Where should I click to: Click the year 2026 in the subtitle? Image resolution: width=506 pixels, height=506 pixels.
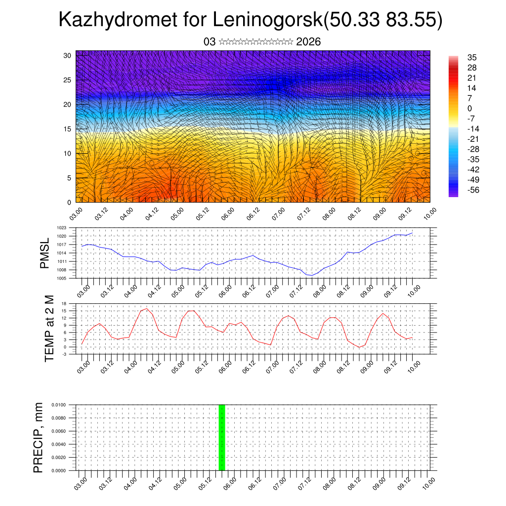308,42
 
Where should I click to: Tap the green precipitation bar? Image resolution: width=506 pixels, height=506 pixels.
222,437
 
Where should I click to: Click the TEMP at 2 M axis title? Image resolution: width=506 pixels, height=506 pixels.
49,329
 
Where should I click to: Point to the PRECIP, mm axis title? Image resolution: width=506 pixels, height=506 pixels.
39,437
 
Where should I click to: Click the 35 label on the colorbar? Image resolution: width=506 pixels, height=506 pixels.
471,58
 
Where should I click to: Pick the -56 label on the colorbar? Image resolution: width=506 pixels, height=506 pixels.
473,190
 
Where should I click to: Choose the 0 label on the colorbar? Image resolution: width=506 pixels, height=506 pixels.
469,109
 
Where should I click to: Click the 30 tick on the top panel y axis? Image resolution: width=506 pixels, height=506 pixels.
67,55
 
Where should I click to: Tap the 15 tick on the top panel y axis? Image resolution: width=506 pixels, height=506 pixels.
67,129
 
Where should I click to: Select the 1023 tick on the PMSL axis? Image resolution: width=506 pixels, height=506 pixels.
61,228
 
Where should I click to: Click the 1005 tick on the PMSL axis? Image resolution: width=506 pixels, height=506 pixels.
61,279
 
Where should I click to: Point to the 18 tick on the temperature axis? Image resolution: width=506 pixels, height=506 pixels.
64,303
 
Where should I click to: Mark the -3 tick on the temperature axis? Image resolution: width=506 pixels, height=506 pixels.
64,354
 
